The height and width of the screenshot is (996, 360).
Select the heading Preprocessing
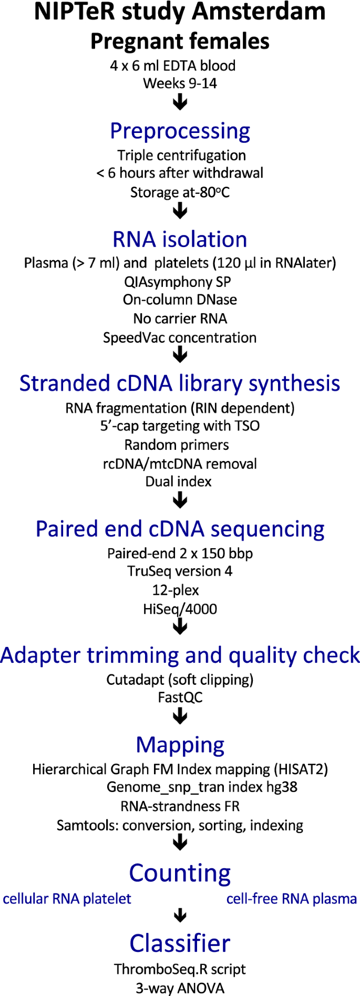coord(180,131)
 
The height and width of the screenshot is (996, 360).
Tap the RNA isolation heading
coord(180,240)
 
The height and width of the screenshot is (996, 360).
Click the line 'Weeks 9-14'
coord(180,84)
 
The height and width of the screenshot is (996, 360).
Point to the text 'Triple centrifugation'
coord(181,156)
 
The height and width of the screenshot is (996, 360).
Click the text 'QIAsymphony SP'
coord(178,282)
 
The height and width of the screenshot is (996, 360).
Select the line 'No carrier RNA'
coord(180,319)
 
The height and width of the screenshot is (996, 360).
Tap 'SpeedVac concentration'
coord(180,337)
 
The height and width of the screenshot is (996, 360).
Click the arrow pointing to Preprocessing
coord(180,102)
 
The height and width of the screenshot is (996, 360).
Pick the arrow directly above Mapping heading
coord(180,716)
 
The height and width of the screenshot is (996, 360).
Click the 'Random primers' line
coord(177,445)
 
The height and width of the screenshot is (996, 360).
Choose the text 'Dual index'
coord(179,481)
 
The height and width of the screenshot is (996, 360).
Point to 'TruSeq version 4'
coord(180,571)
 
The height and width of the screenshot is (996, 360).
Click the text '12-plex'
coord(176,590)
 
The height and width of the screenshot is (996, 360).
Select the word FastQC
coord(180,697)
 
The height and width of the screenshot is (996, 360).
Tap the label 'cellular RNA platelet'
coord(67,899)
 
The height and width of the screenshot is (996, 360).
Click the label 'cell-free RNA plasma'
coord(292,899)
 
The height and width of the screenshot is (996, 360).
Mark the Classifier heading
coord(180,943)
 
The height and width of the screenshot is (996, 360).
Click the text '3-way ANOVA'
coord(180,988)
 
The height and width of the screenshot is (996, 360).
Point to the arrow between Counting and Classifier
coord(180,916)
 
